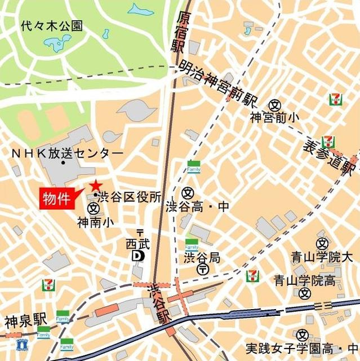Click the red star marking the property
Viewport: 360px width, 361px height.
coord(95,185)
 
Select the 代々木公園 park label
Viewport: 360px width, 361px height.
coord(51,25)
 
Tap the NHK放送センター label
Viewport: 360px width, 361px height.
coord(67,153)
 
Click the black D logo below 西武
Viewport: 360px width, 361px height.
coord(137,256)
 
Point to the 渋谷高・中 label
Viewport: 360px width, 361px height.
coord(198,207)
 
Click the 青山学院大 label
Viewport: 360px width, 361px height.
coord(321,257)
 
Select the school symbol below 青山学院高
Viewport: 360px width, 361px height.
coord(305,293)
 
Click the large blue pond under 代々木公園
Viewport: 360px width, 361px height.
coord(58,44)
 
